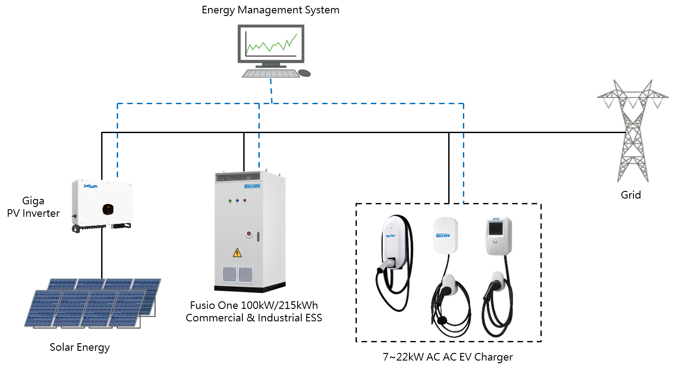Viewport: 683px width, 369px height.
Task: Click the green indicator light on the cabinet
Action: point(230,201)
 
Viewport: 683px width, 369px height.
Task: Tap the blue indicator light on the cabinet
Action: point(237,201)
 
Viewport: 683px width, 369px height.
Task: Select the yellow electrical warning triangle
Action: point(237,253)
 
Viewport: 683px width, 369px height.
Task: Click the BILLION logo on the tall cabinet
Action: point(252,186)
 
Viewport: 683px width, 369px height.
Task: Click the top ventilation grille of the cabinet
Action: point(237,177)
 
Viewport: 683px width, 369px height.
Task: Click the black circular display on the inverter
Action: point(108,209)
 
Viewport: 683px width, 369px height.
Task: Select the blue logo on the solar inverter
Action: point(90,186)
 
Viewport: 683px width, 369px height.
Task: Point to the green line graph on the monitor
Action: point(271,44)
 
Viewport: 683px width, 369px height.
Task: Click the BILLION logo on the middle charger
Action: point(443,235)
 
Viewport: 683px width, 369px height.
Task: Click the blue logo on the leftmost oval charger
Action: point(391,236)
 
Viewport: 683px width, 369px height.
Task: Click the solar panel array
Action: point(94,303)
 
